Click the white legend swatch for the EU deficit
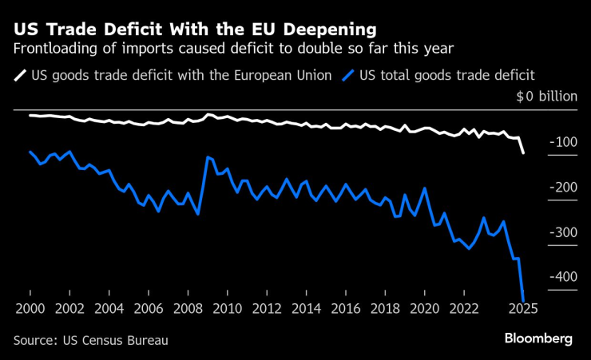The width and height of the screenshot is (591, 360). [x=20, y=77]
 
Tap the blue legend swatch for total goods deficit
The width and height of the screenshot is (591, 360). [x=349, y=77]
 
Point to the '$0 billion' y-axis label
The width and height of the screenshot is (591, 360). [x=546, y=97]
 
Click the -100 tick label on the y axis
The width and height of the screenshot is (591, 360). [x=562, y=142]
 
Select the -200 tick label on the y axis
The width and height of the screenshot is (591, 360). [x=562, y=187]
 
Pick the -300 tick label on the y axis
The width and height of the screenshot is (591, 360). [x=562, y=231]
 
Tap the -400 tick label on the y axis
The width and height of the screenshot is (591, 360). [x=562, y=276]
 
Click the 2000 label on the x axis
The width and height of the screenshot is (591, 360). [x=30, y=309]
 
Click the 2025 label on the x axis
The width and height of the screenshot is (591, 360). [x=523, y=309]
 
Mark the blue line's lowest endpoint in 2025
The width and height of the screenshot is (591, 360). [x=523, y=300]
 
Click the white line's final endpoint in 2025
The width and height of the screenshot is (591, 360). [x=523, y=152]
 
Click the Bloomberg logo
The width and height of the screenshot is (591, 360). [x=538, y=339]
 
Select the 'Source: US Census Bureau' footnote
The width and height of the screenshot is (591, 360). [x=90, y=340]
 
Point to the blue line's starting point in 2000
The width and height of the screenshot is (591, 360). [x=30, y=152]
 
